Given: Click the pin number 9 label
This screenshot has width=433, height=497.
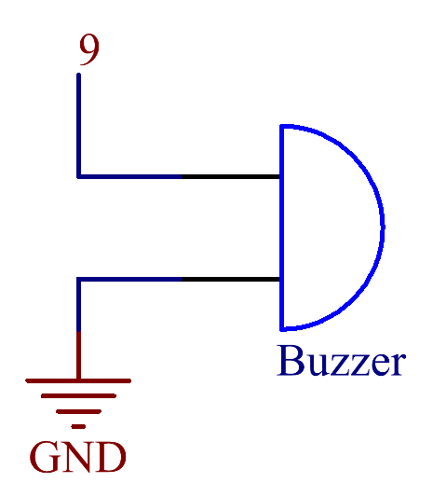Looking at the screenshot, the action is [89, 49].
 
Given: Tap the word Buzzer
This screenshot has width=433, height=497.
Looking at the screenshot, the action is [341, 361].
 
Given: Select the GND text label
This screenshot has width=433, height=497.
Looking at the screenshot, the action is [78, 457].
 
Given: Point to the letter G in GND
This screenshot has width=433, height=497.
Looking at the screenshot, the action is [45, 457].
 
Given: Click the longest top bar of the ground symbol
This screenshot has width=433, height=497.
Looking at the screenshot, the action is [78, 380].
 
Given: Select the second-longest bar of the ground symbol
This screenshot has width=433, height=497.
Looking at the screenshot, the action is [78, 396].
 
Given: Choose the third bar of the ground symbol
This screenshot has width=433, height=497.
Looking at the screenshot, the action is [78, 411].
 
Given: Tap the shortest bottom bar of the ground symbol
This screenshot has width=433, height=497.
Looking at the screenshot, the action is [78, 427].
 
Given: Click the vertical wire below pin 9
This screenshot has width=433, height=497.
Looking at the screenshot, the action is [78, 125].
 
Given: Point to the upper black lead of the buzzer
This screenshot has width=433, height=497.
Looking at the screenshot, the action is [230, 176].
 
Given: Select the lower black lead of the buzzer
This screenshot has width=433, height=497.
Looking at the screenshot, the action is [230, 279].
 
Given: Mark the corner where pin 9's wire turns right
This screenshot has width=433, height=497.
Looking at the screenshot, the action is [78, 176].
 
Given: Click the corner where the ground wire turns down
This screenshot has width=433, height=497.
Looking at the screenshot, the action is [78, 279].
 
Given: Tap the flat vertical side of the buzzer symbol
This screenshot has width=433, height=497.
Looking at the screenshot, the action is [282, 228].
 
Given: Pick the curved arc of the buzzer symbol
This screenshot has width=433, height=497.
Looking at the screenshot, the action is [383, 228].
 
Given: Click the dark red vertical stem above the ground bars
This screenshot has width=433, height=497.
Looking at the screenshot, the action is [78, 355].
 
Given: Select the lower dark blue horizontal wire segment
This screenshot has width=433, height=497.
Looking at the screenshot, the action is [129, 279].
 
